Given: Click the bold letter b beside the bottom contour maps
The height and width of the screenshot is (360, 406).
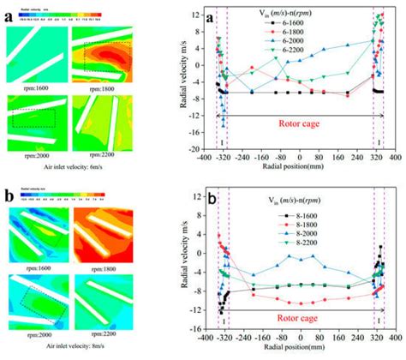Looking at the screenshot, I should pyautogui.click(x=9, y=192).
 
